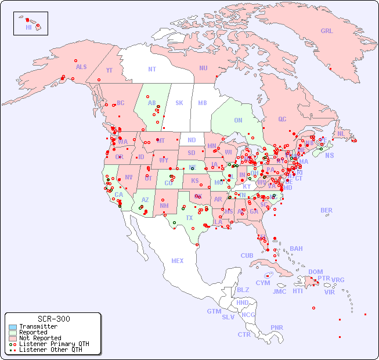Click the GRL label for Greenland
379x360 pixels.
[x=327, y=31]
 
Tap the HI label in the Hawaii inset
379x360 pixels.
[x=28, y=27]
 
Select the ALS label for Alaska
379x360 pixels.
[x=81, y=67]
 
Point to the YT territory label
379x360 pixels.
[x=109, y=70]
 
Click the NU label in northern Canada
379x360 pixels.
[x=203, y=68]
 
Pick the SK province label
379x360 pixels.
[x=179, y=103]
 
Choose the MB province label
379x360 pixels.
[x=203, y=103]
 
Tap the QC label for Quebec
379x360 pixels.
[x=282, y=119]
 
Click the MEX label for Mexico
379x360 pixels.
[x=178, y=261]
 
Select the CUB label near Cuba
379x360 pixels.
[x=247, y=255]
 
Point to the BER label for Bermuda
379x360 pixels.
[x=327, y=210]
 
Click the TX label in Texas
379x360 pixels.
[x=189, y=218]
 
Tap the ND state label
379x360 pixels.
[x=192, y=140]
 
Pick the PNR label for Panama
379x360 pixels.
[x=277, y=327]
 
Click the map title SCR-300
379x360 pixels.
[x=53, y=319]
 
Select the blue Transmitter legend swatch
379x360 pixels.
[x=12, y=327]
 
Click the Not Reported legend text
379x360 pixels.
[x=40, y=338]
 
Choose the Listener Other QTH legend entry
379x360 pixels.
[x=50, y=350]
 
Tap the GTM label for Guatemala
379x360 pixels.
[x=214, y=311]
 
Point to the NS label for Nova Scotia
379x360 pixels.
[x=329, y=155]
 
